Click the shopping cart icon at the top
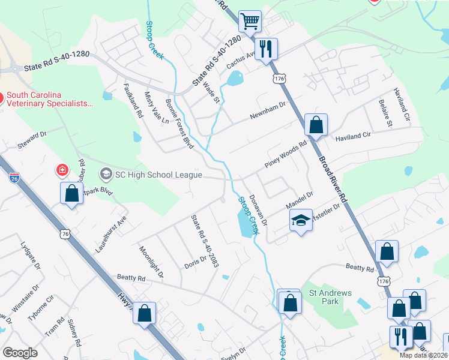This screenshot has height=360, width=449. [250, 22]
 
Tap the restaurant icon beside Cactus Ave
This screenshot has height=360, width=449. [266, 48]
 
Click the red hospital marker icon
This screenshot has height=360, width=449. [62, 171]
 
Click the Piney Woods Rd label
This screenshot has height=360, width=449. [286, 154]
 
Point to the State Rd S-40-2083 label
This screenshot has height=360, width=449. [204, 241]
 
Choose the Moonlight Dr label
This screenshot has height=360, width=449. [151, 262]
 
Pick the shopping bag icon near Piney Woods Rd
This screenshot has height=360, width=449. [316, 126]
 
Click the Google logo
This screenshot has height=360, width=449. [20, 353]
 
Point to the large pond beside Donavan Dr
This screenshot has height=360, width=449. [246, 224]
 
